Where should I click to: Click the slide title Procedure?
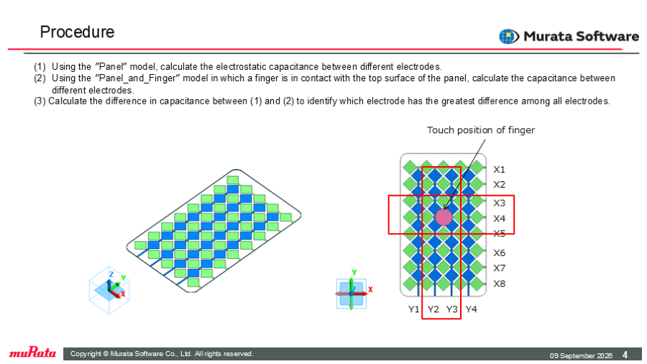pyautogui.click(x=77, y=32)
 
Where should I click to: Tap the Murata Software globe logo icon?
pyautogui.click(x=509, y=36)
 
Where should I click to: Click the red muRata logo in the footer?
pyautogui.click(x=32, y=353)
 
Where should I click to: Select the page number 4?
pyautogui.click(x=625, y=355)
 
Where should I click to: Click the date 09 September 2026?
pyautogui.click(x=581, y=355)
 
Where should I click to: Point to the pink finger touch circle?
pyautogui.click(x=444, y=217)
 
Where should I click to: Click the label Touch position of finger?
pyautogui.click(x=481, y=130)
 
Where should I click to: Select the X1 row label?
pyautogui.click(x=500, y=169)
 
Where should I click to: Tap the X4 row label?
pyautogui.click(x=500, y=218)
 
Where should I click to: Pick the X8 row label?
pyautogui.click(x=500, y=283)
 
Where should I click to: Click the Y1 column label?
pyautogui.click(x=414, y=309)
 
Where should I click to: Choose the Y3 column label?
pyautogui.click(x=452, y=309)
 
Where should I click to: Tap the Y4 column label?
pyautogui.click(x=471, y=309)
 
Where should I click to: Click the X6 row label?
pyautogui.click(x=500, y=252)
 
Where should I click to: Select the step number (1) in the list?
pyautogui.click(x=40, y=66)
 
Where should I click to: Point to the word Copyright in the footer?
pyautogui.click(x=86, y=354)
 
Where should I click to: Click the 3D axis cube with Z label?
pyautogui.click(x=109, y=290)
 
